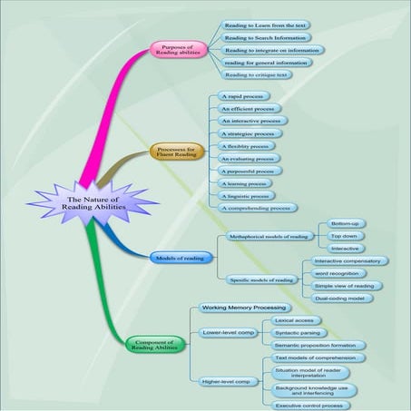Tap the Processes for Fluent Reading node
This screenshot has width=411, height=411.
[177, 152]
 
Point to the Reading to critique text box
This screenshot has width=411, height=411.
[258, 75]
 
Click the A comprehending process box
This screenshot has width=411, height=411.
[259, 208]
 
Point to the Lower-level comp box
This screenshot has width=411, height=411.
[225, 333]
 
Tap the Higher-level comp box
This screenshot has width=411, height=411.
[226, 381]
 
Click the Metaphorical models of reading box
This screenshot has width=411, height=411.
[269, 236]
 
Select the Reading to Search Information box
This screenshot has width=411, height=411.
[267, 38]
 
